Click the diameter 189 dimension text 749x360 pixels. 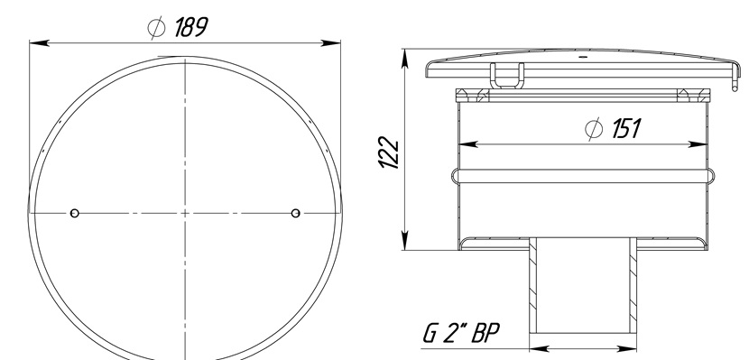coord(178,27)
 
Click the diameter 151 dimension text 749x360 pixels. coord(613,129)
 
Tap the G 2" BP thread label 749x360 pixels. coord(461,333)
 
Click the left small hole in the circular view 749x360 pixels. coord(75,213)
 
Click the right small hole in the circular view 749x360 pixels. coord(296,213)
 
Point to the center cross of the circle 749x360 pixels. coord(185,213)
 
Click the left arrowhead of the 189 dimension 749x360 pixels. coord(39,43)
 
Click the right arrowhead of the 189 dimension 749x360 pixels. coord(330,43)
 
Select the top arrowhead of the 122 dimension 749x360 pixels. coord(405,59)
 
